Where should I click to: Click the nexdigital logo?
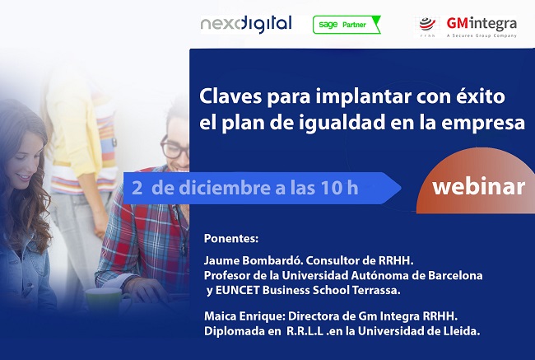246,24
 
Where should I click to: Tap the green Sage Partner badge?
347,25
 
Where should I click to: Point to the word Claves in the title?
227,96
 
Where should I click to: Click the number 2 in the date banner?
137,187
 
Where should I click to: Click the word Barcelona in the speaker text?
452,274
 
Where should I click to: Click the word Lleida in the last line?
461,331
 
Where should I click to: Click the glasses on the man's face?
174,149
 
